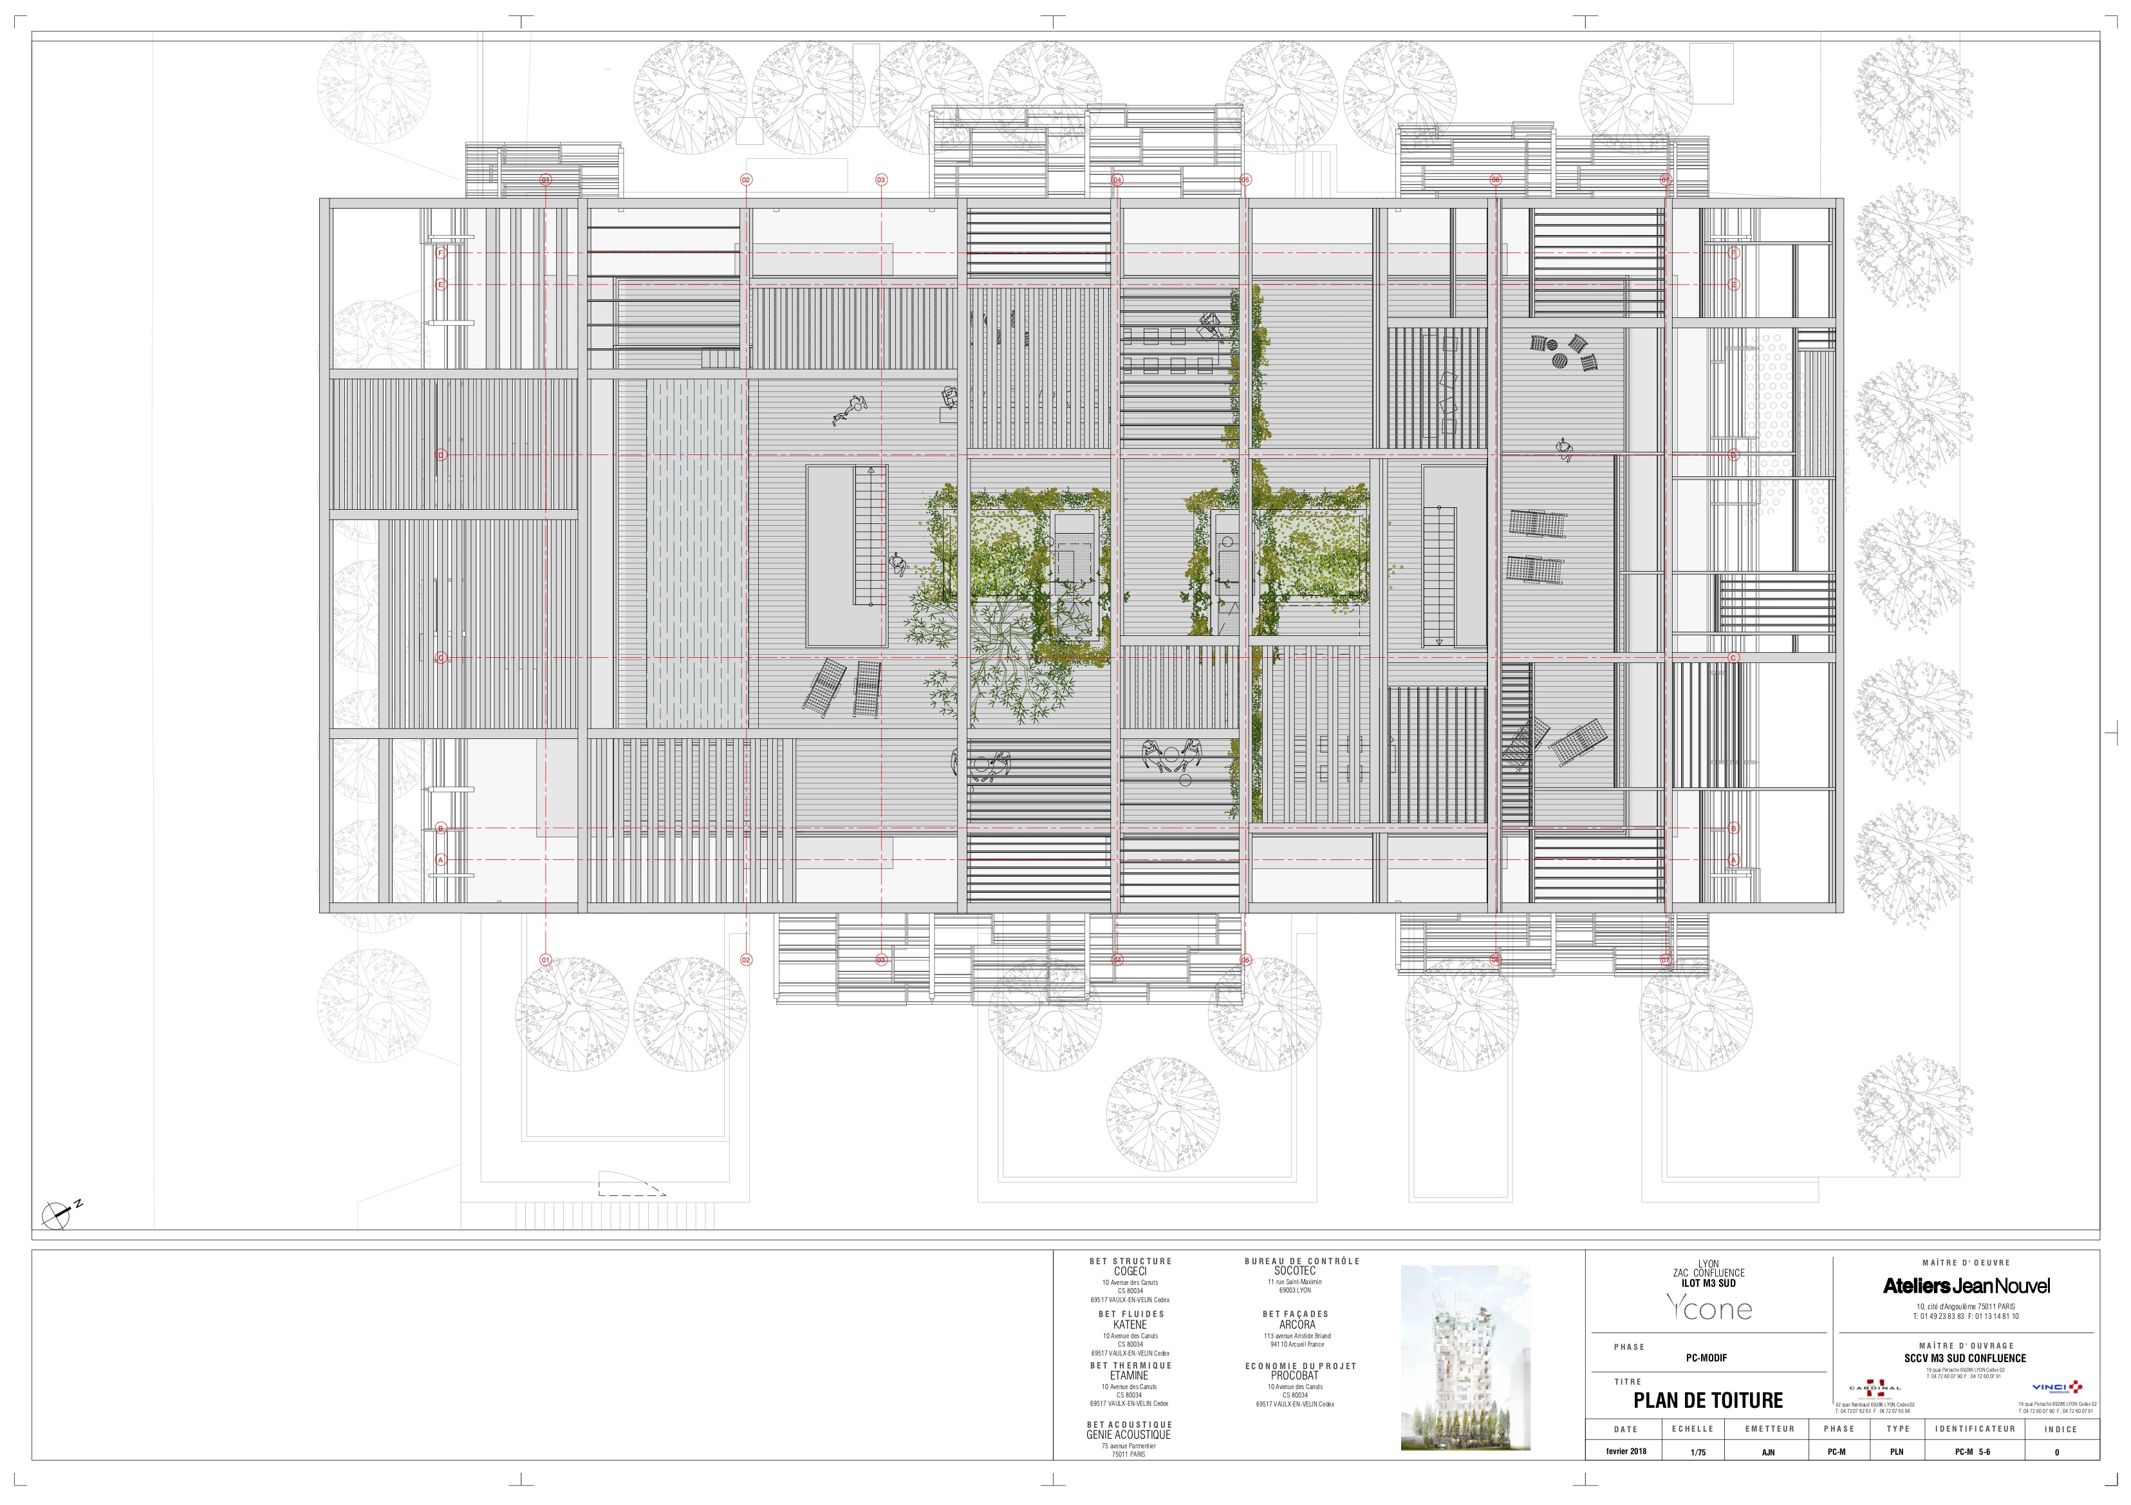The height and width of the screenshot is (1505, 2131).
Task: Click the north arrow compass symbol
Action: point(57,1211)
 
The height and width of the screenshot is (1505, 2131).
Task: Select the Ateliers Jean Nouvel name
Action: point(1966,1286)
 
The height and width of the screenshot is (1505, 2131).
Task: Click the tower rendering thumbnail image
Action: point(1464,1358)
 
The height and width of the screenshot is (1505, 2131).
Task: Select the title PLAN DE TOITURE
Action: point(1708,1400)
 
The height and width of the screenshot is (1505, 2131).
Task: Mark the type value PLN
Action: point(1896,1451)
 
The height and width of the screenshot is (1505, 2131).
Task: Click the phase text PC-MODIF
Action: point(1706,1358)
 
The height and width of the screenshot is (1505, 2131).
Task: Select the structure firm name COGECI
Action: point(1130,1271)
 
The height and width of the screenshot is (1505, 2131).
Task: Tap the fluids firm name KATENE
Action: point(1130,1324)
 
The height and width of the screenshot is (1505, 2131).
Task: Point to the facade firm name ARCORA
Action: point(1297,1324)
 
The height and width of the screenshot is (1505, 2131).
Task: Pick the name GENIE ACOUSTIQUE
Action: point(1129,1434)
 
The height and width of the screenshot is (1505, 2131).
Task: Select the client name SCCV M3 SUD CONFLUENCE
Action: point(1965,1358)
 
